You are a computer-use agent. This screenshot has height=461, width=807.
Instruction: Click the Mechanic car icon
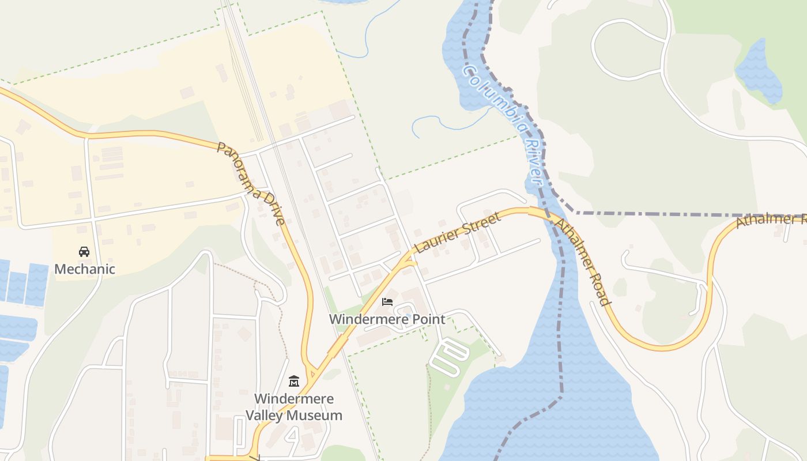tap(84, 252)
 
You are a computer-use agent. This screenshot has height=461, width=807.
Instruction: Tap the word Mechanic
tap(85, 269)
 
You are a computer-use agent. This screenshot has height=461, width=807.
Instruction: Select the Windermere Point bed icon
tap(387, 302)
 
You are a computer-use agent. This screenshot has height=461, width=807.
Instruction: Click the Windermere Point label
tap(387, 319)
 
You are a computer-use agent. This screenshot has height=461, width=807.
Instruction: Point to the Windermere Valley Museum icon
tap(294, 381)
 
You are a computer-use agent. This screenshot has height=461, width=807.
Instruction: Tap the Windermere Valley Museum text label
tap(294, 407)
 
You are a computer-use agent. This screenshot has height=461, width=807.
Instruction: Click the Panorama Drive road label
tap(251, 183)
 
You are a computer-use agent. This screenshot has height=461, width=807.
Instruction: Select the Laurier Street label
tap(458, 233)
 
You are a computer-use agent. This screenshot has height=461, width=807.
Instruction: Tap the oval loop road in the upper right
tap(628, 49)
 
